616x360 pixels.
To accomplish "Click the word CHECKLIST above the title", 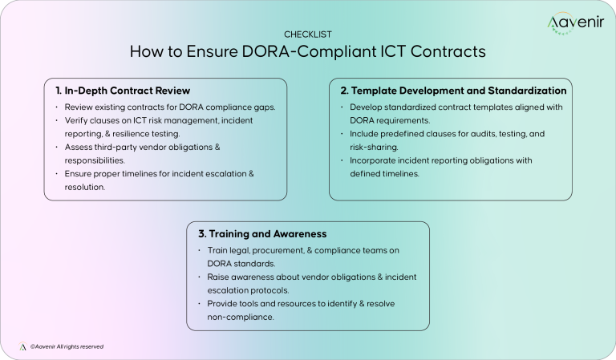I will point(307,34).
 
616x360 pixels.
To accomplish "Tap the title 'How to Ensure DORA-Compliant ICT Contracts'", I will point(307,52).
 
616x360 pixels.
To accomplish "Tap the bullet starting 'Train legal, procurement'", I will point(297,257).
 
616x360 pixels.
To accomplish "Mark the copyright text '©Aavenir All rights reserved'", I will point(67,346).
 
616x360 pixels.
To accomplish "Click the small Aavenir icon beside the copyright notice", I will point(23,346).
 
